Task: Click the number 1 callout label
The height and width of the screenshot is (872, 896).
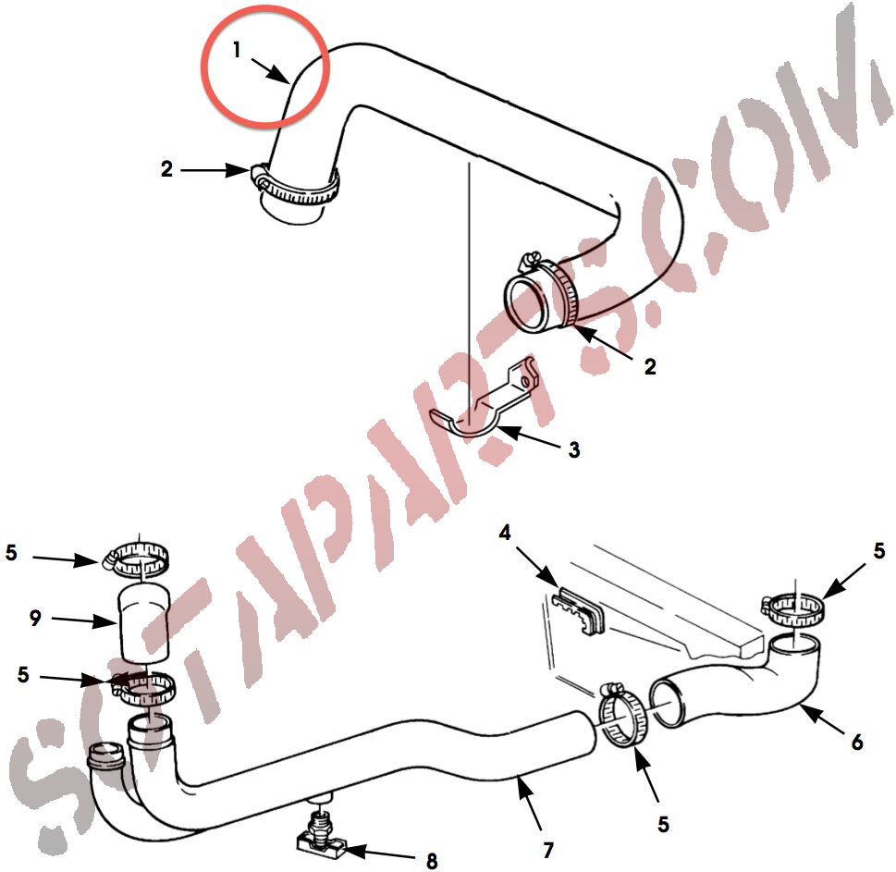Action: tap(237, 50)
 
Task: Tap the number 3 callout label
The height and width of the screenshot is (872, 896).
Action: tap(573, 449)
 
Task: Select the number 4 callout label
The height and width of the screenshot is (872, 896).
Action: tap(505, 534)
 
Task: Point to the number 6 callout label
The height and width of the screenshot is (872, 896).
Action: tap(856, 743)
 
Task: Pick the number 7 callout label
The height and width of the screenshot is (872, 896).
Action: tap(548, 851)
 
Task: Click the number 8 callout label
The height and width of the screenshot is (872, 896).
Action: tap(432, 861)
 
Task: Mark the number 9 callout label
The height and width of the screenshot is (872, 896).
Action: tap(35, 618)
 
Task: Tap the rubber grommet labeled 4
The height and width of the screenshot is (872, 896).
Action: tap(578, 610)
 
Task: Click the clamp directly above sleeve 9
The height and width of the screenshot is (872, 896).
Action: tap(137, 558)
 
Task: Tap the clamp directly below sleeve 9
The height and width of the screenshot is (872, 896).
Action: tap(142, 687)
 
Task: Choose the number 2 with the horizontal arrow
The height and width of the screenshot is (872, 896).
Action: tap(166, 169)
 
